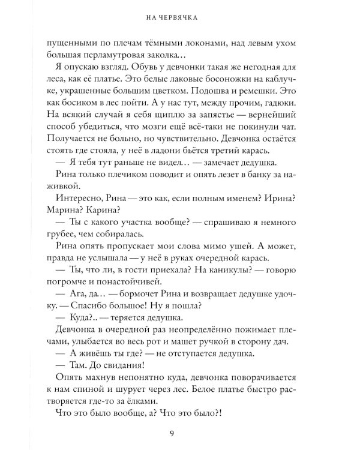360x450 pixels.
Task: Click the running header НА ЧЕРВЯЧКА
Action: tap(180, 18)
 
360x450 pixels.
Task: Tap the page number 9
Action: tap(180, 433)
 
